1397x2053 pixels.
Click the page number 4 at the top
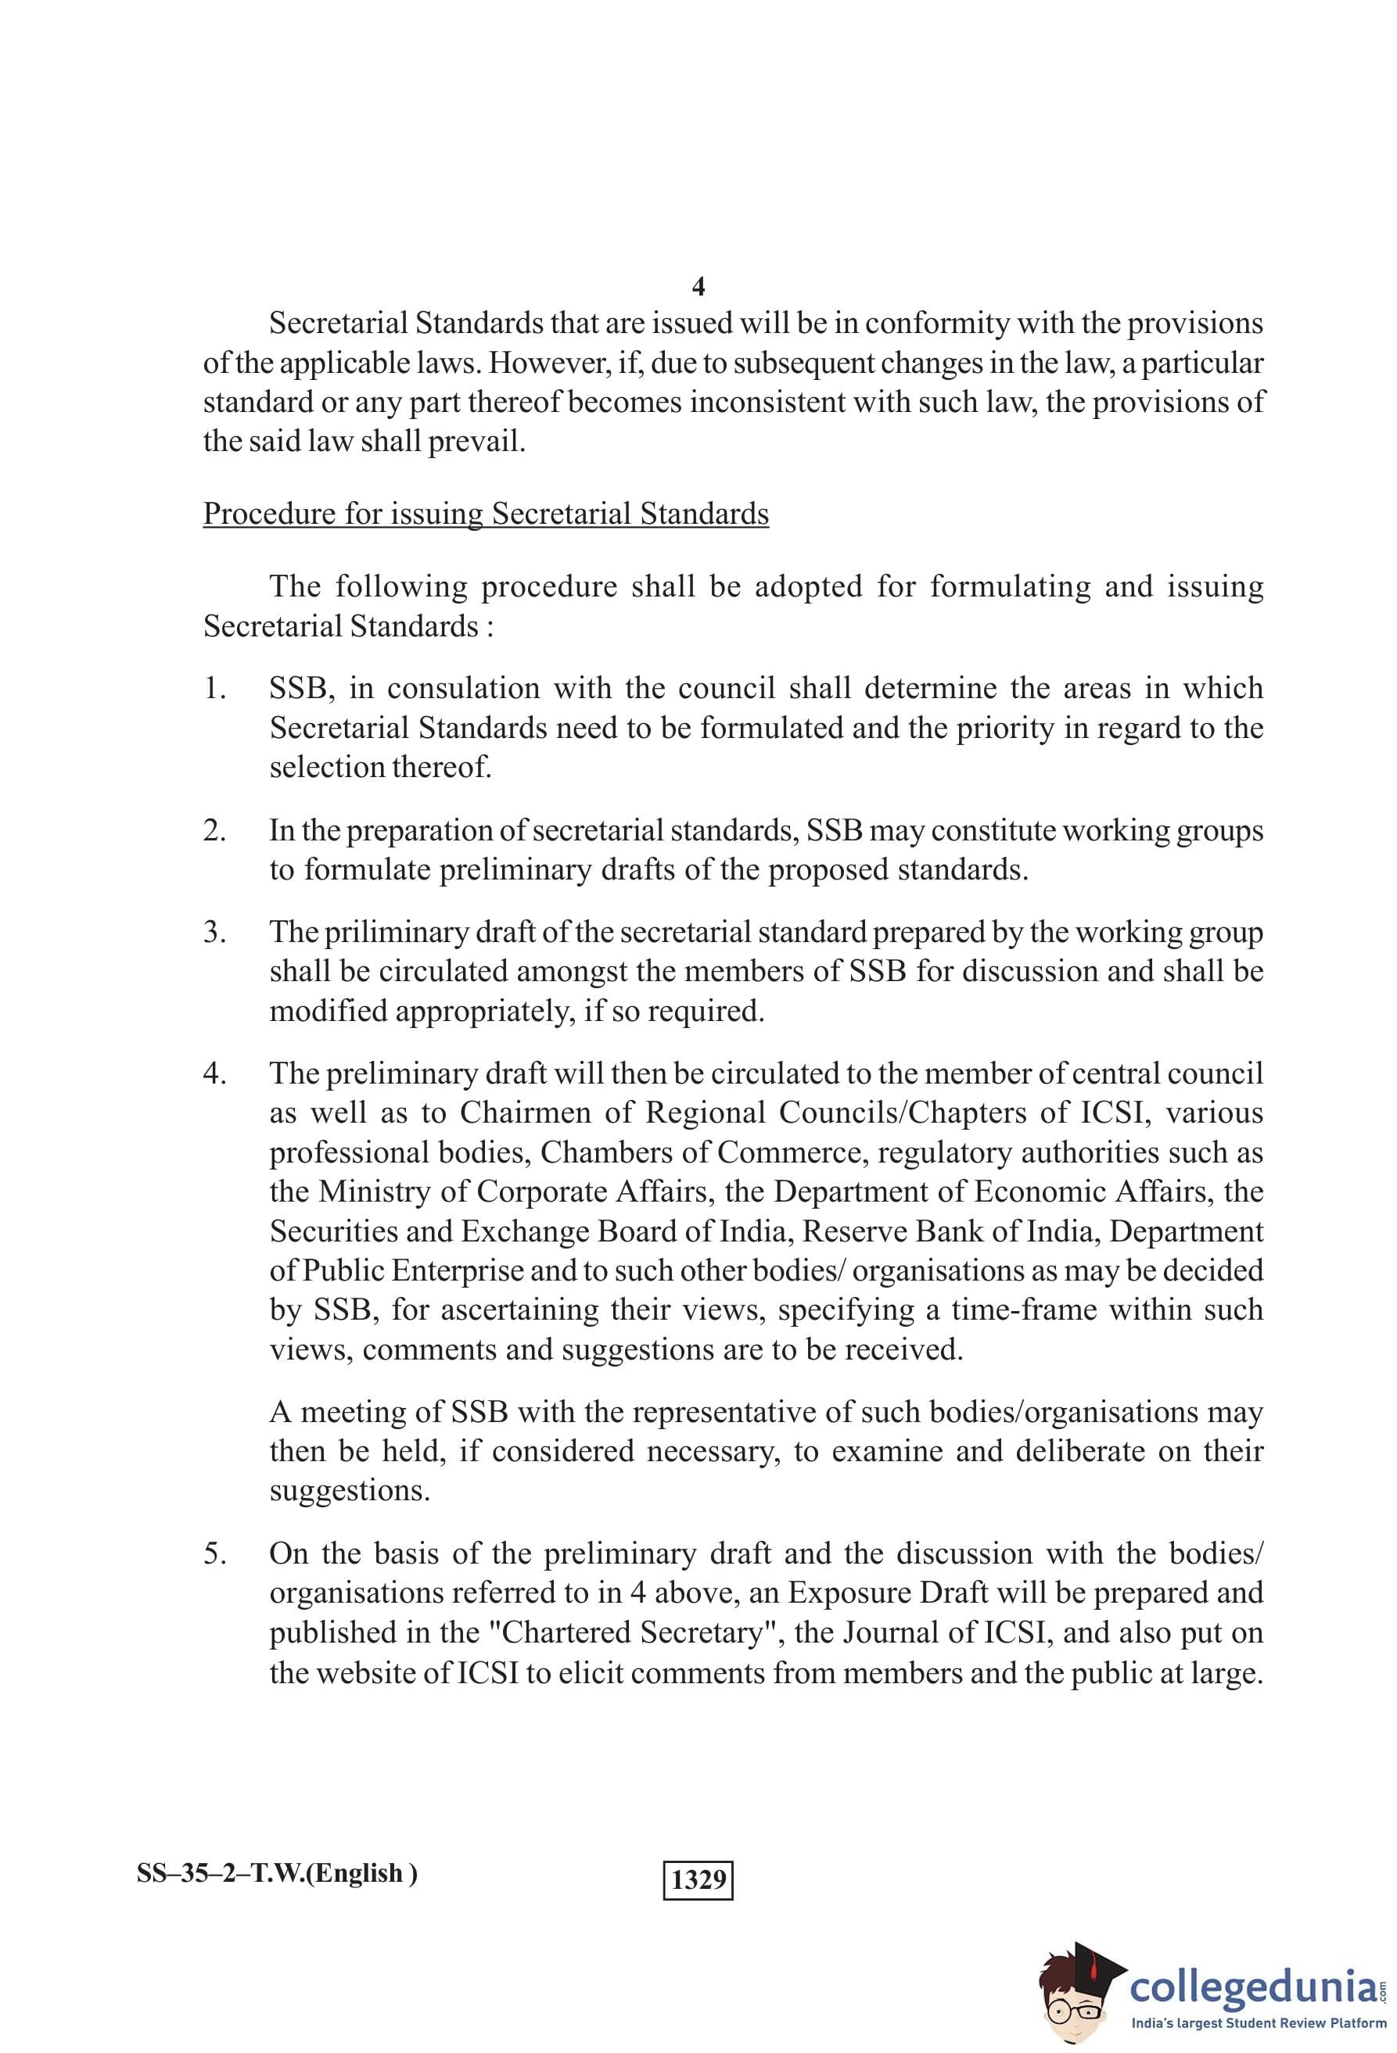pyautogui.click(x=698, y=286)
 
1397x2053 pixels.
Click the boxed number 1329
pyautogui.click(x=698, y=1879)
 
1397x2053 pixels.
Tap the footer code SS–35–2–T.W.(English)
pyautogui.click(x=277, y=1872)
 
